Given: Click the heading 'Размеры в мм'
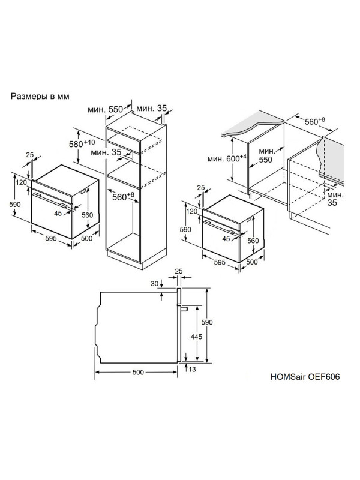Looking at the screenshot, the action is (x=40, y=96).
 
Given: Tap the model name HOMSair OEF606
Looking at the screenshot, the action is (x=305, y=376).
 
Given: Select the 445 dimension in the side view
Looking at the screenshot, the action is (x=196, y=337).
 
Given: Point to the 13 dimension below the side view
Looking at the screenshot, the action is (x=192, y=369).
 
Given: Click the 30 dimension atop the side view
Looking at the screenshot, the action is (x=155, y=284).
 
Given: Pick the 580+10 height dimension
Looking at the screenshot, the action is (x=82, y=143).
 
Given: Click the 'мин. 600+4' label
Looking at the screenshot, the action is (x=227, y=158).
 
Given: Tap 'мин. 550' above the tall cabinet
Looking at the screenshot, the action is (x=105, y=109).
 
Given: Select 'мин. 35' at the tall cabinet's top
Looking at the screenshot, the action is (x=152, y=108).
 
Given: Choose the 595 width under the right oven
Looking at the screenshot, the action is (x=220, y=262).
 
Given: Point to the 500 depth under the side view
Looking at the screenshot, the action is (x=138, y=372).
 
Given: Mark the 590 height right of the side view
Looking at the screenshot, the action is (x=207, y=322).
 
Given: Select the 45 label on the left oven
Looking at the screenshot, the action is (x=58, y=214).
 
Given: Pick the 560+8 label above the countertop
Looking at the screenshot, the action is (x=315, y=121).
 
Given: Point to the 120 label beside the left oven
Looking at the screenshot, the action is (x=21, y=182).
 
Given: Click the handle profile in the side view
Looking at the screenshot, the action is (x=184, y=308).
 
